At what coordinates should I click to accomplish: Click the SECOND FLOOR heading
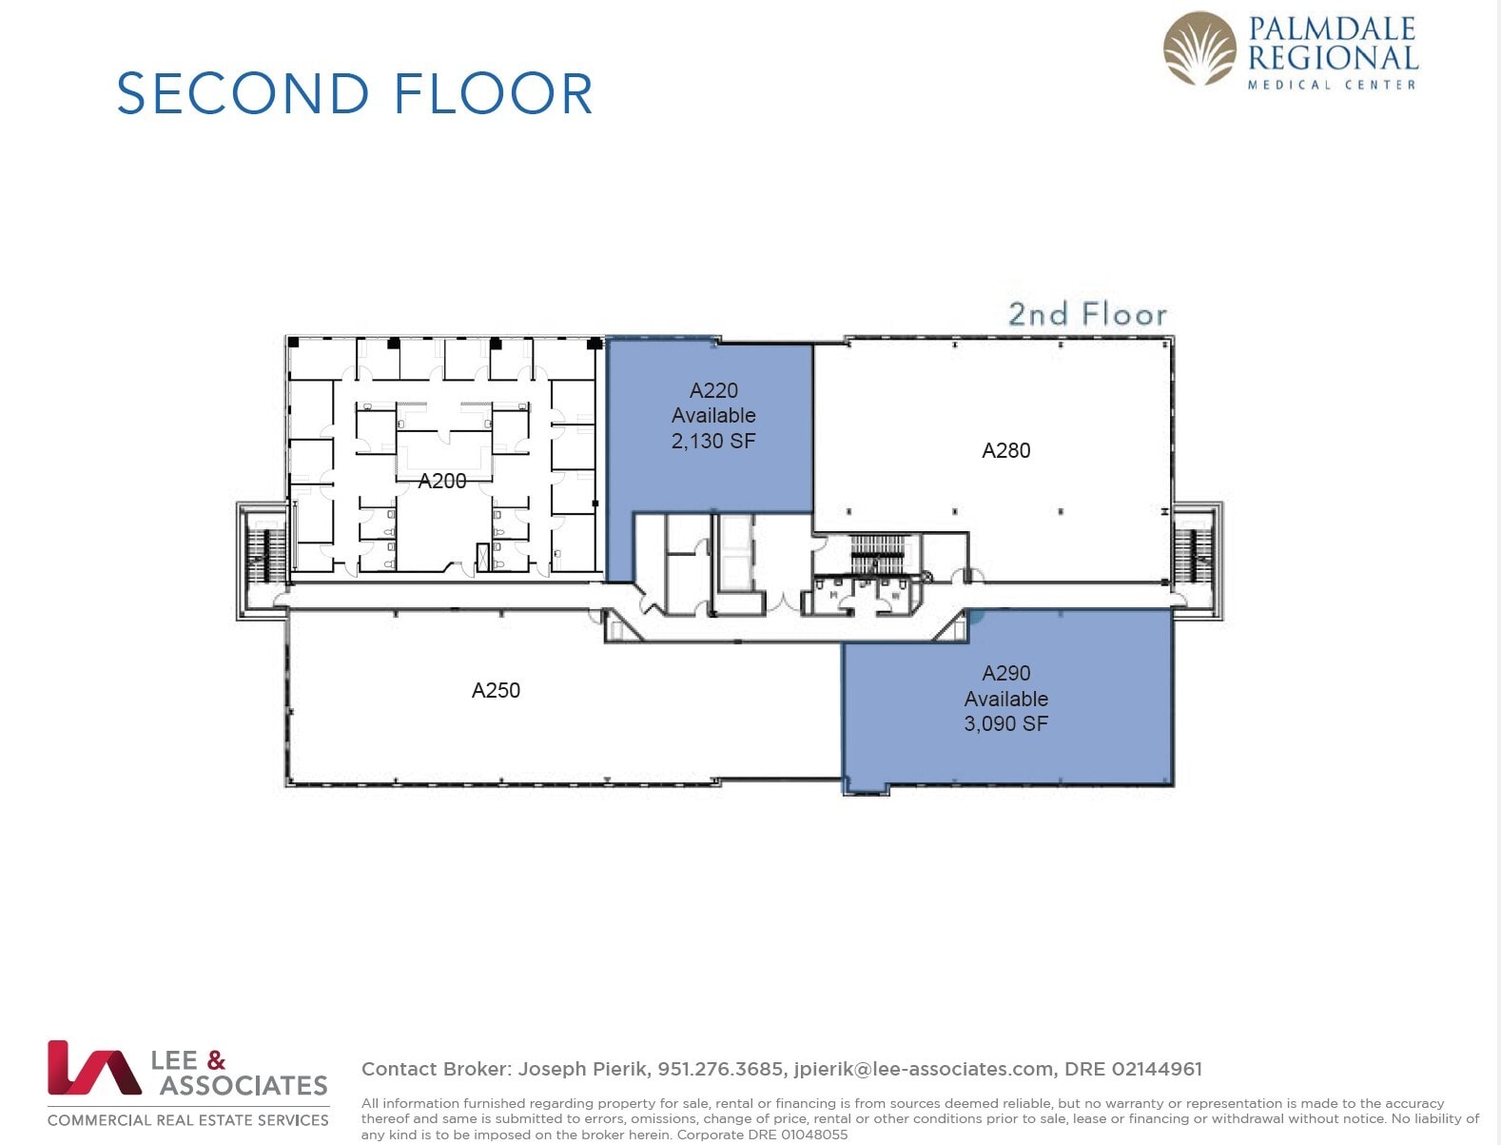pos(354,93)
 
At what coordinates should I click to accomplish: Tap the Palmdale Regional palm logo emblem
pos(1200,49)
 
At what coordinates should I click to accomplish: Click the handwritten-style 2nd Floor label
pos(1086,314)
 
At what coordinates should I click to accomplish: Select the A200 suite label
pos(442,482)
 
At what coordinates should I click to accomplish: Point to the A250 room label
pos(496,690)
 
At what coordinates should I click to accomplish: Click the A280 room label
pos(1005,450)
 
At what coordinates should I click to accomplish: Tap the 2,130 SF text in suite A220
pos(712,441)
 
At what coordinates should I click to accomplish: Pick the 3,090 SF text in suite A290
pos(1005,723)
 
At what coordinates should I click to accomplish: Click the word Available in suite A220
pos(712,415)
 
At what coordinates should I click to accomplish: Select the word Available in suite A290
pos(1005,699)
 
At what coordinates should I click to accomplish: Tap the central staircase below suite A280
pos(876,556)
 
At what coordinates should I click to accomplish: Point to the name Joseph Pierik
pos(583,1069)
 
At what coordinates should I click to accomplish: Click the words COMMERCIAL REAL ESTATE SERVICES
pos(188,1120)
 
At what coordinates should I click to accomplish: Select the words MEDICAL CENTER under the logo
pos(1331,85)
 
